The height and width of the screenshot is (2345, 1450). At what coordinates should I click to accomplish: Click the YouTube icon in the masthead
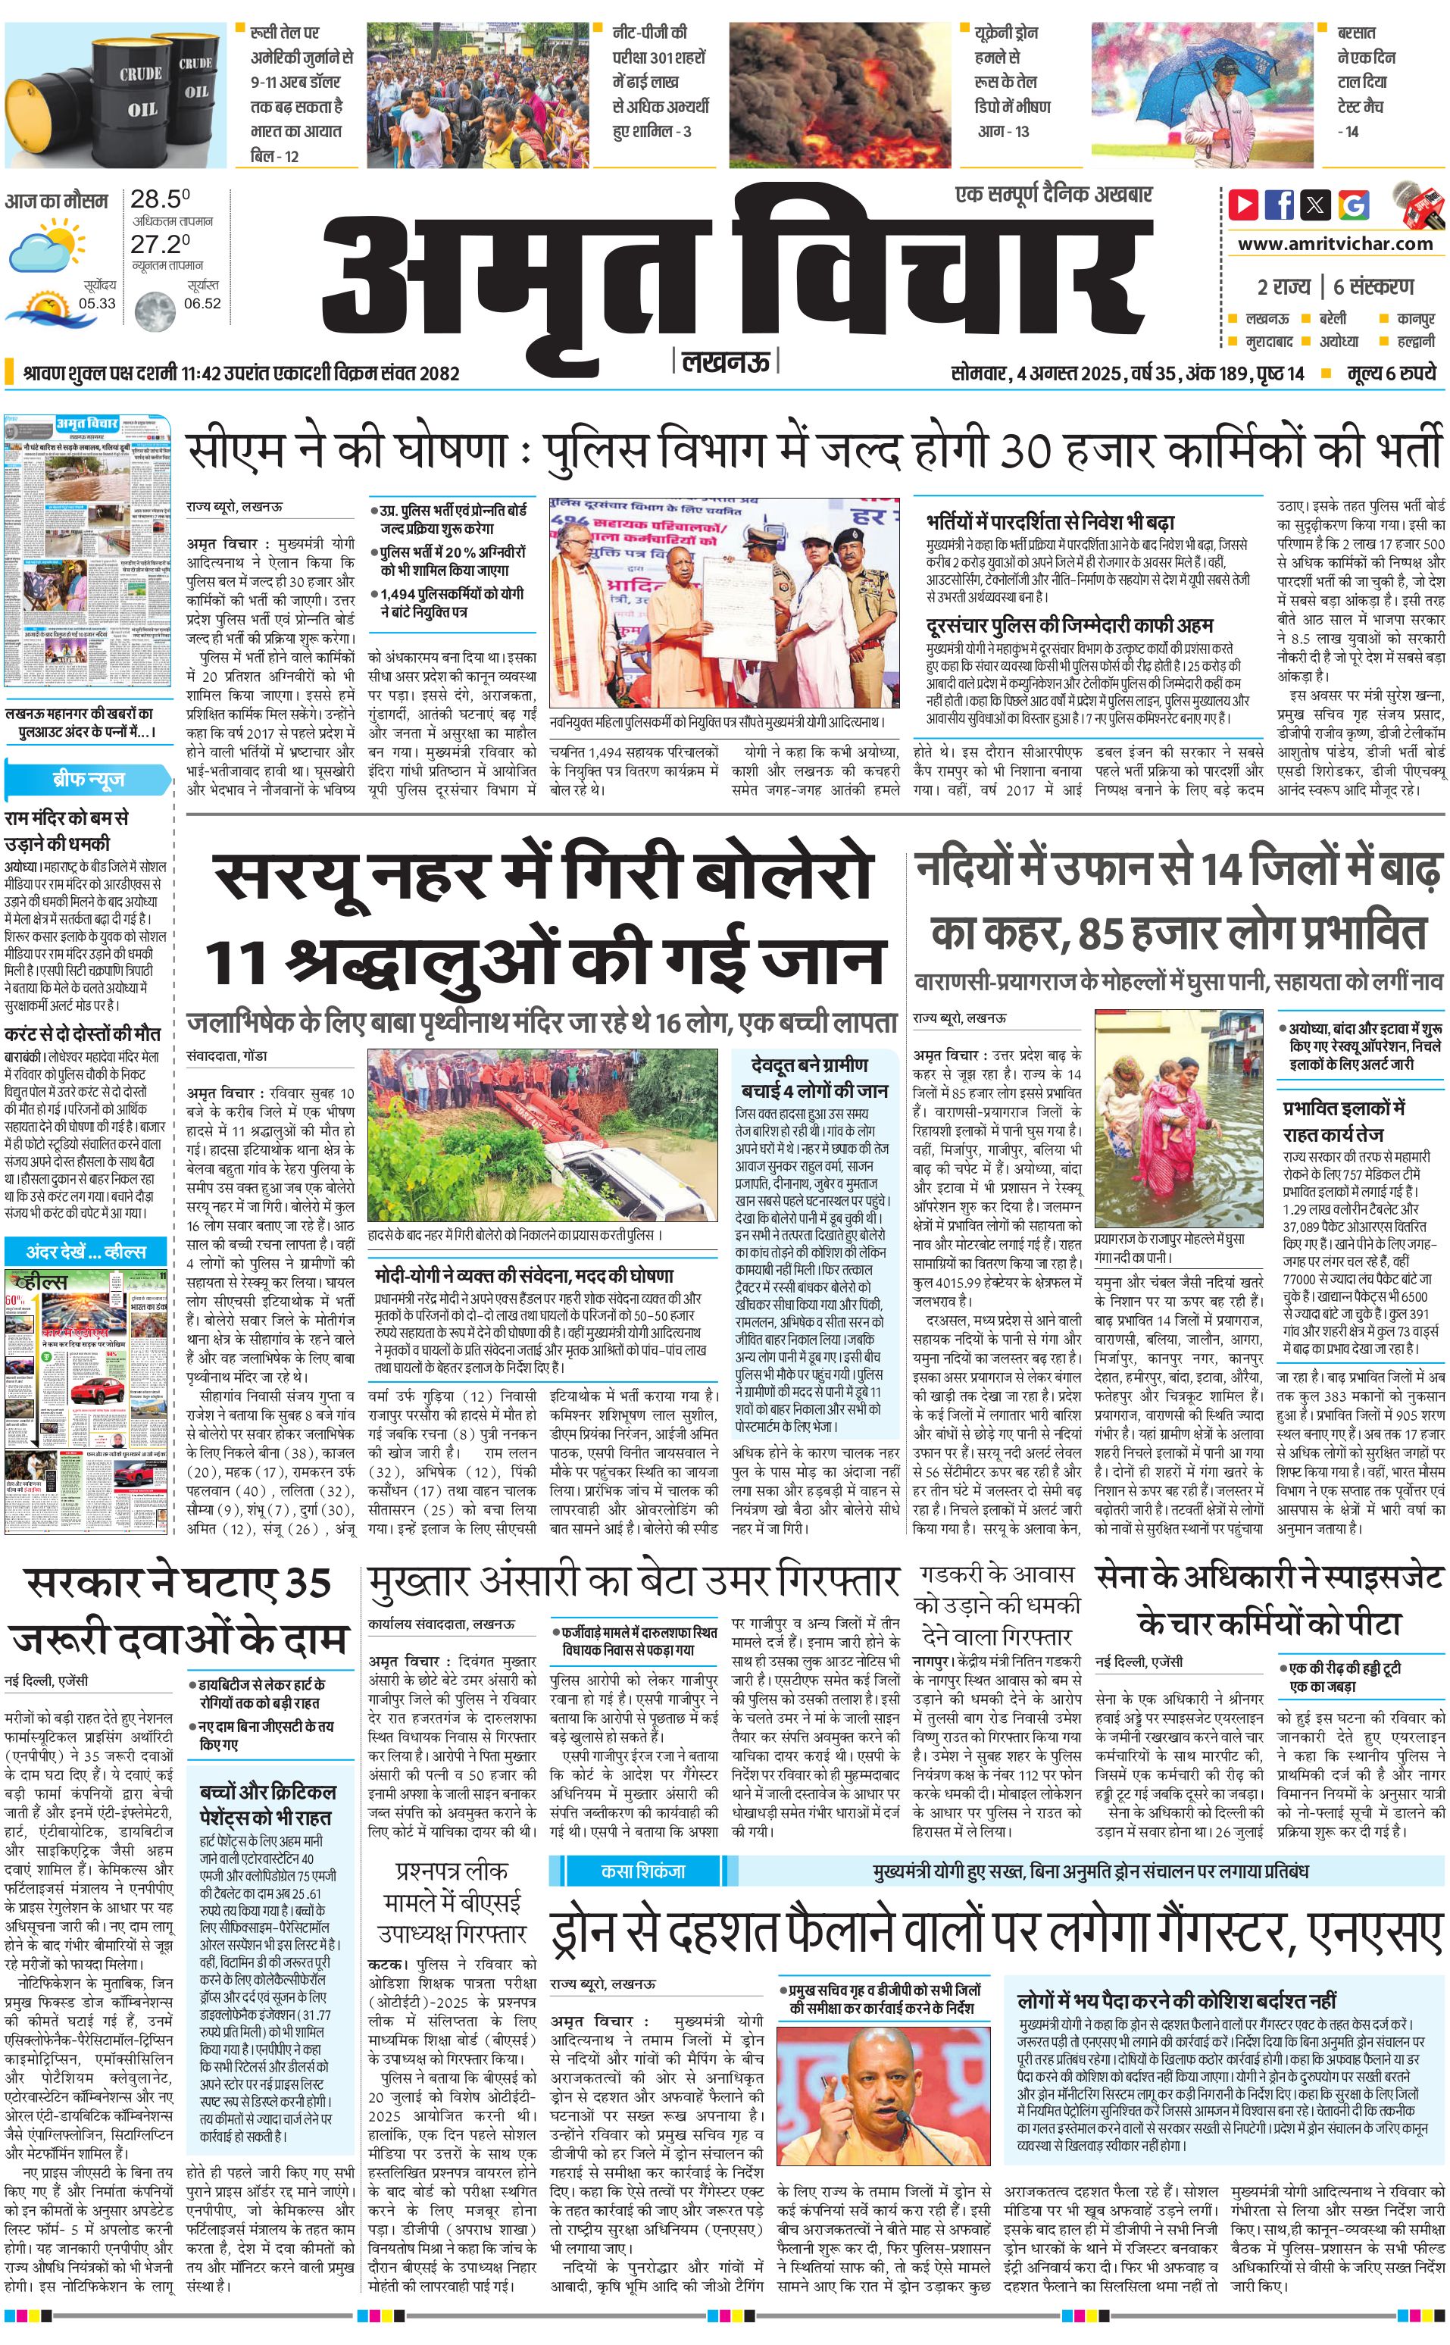tap(1244, 205)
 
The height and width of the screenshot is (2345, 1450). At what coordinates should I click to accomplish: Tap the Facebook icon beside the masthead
tap(1280, 205)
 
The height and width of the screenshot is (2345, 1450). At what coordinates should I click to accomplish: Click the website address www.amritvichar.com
tap(1335, 244)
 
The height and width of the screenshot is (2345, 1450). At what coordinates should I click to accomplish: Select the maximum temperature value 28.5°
tap(160, 199)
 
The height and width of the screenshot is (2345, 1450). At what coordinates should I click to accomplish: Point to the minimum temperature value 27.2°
tap(160, 244)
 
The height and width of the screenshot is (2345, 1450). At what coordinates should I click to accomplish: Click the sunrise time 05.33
tap(97, 303)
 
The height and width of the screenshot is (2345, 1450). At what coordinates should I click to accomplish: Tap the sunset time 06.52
tap(202, 303)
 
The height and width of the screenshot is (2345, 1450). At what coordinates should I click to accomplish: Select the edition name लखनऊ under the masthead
tap(726, 361)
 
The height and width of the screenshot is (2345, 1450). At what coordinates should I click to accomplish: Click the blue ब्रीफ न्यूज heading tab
tap(88, 779)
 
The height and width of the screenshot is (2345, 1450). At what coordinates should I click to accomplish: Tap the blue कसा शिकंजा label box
tap(642, 1870)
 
